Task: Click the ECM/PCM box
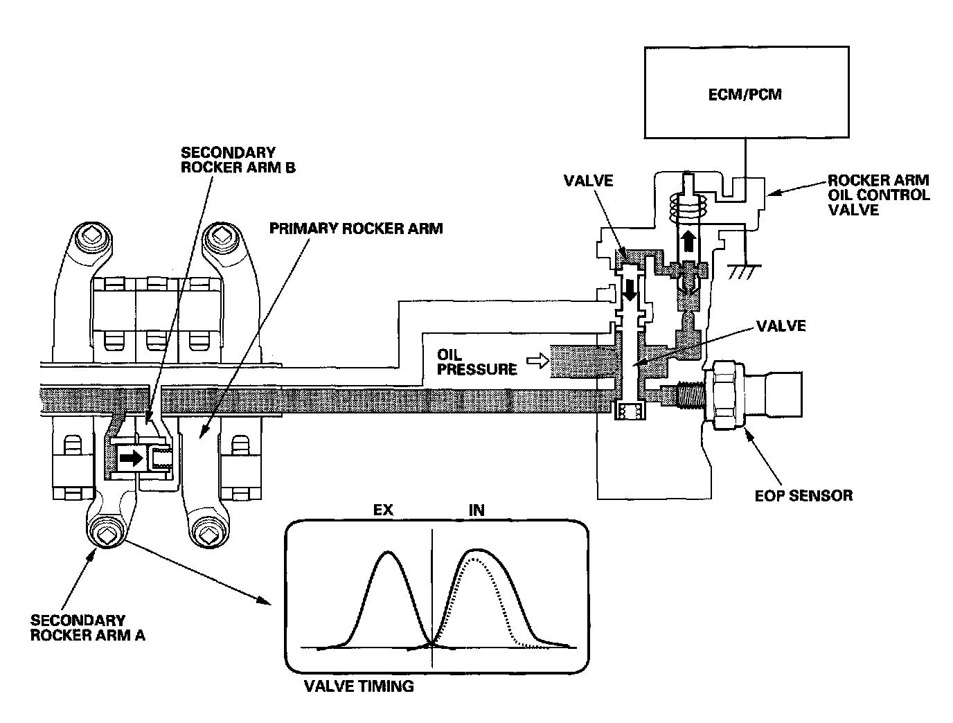[x=746, y=92]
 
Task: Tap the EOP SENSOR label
[x=803, y=495]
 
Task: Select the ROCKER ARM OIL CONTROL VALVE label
[x=878, y=195]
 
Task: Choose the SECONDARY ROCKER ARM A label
[x=87, y=627]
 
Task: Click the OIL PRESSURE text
[x=476, y=362]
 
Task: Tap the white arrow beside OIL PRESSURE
[x=536, y=360]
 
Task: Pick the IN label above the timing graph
[x=476, y=510]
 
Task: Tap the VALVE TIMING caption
[x=359, y=686]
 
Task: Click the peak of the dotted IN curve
[x=473, y=562]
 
